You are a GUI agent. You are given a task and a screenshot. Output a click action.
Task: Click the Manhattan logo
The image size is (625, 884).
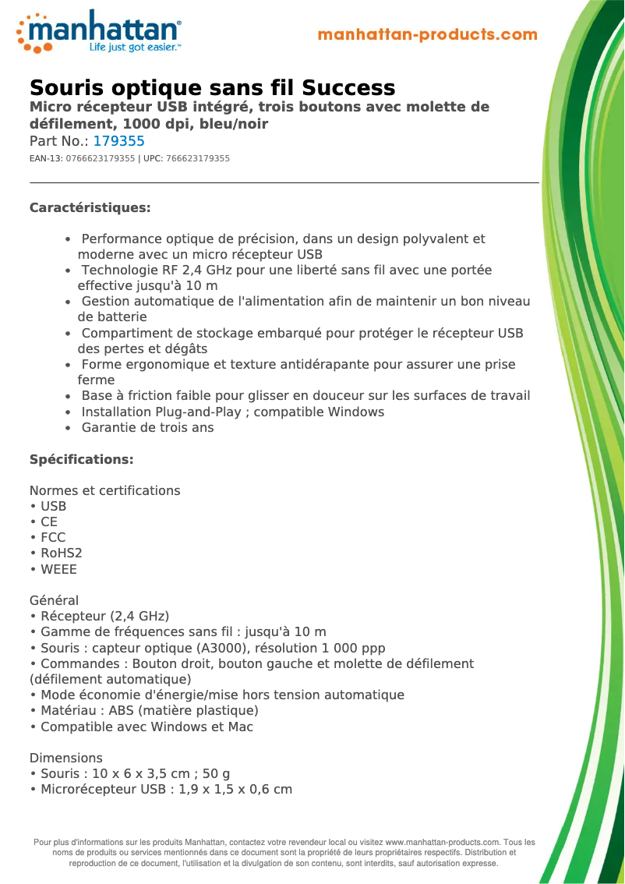[99, 32]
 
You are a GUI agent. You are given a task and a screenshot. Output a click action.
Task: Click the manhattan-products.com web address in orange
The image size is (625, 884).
[428, 35]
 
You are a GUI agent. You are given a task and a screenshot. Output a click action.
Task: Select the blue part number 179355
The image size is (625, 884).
[118, 142]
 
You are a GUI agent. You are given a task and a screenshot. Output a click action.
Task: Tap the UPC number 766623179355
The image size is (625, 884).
[198, 158]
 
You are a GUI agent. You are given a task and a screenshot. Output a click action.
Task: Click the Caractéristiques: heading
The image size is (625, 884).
[90, 208]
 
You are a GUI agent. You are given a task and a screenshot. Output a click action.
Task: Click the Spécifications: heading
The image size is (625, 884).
[81, 460]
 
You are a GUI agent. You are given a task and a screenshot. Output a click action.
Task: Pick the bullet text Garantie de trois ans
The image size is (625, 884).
[147, 427]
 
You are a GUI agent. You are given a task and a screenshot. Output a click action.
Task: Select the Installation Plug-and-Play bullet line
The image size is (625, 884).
[232, 412]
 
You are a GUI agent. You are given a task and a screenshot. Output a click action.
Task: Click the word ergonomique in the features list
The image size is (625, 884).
[162, 364]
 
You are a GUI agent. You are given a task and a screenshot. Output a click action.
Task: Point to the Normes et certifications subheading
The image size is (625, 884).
[104, 491]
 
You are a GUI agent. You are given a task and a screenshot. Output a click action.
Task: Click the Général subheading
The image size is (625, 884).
[54, 601]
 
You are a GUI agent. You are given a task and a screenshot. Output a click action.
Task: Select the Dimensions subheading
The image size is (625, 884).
[65, 758]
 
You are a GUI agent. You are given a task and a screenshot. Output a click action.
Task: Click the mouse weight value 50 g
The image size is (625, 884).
[214, 774]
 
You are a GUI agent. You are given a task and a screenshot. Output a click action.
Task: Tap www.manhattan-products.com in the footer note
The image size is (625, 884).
[442, 843]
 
